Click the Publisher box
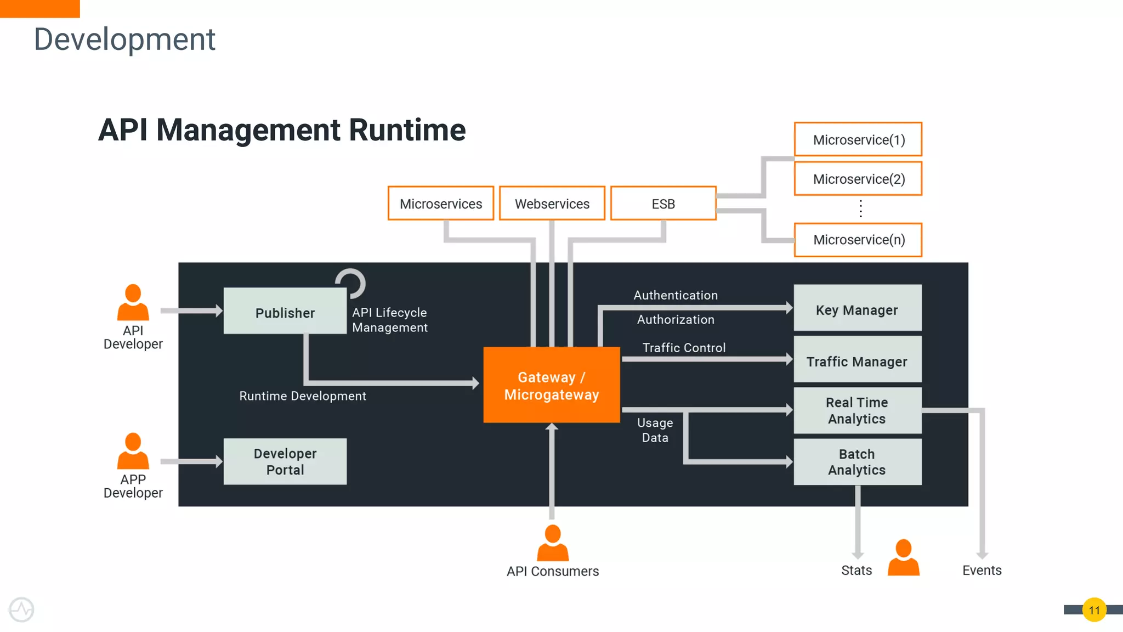click(x=285, y=311)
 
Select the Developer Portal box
click(x=285, y=461)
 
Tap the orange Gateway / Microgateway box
click(x=551, y=385)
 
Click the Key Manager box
click(x=857, y=308)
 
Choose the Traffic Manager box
click(x=857, y=360)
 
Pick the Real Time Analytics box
click(x=857, y=410)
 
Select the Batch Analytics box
click(x=857, y=462)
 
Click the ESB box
click(x=663, y=204)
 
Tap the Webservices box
click(x=552, y=204)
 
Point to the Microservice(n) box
click(x=858, y=240)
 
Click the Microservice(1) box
click(x=858, y=139)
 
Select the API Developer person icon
click(x=133, y=303)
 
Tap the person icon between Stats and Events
click(x=903, y=557)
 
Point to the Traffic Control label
click(x=684, y=348)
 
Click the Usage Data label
click(x=655, y=430)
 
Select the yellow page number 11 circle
click(x=1094, y=610)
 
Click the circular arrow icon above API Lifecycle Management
click(x=351, y=283)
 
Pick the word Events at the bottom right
click(x=982, y=571)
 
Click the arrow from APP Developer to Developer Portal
click(x=191, y=461)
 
